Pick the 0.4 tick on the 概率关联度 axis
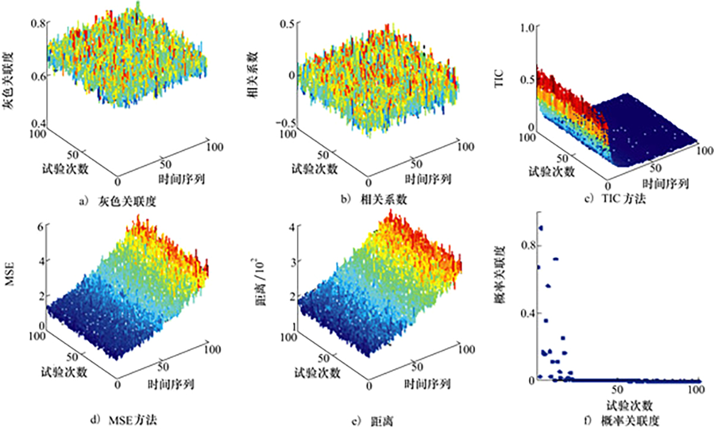[528, 313]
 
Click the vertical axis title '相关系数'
[254, 74]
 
